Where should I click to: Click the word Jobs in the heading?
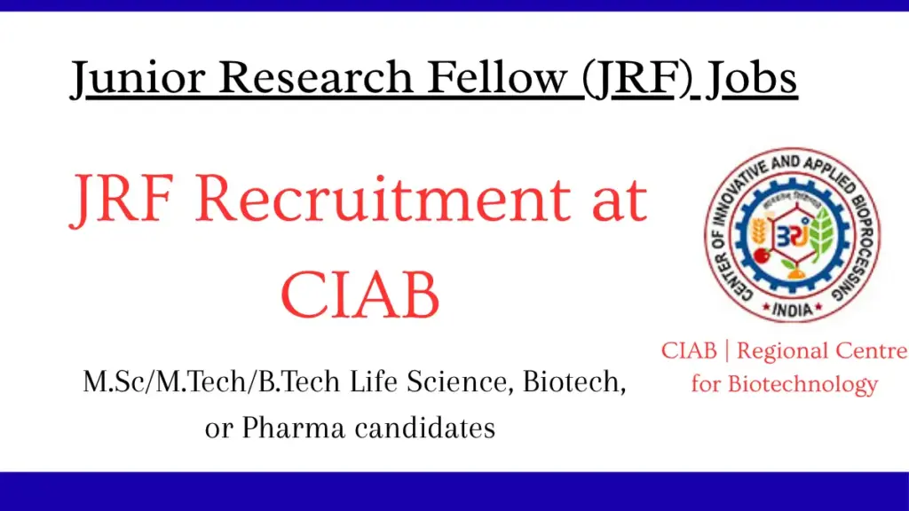[751, 78]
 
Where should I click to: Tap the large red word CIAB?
[360, 296]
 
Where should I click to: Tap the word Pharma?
[292, 428]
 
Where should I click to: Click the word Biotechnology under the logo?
[802, 384]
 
